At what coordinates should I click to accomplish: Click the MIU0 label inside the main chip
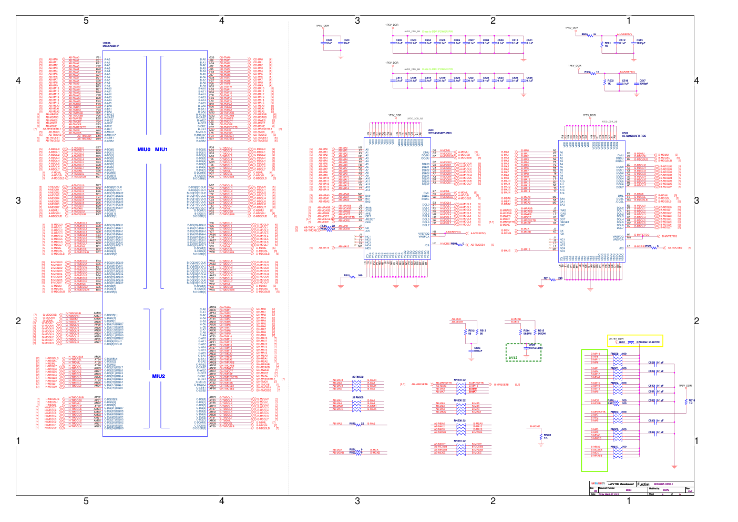point(143,149)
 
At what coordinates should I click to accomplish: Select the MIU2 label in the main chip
point(158,376)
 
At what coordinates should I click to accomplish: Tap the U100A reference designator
point(107,43)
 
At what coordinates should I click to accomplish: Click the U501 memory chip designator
point(430,130)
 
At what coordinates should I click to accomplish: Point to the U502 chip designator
point(625,133)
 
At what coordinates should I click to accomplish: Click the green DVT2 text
point(513,358)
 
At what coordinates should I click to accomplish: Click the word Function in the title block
point(643,484)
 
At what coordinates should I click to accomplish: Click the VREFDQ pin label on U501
point(424,234)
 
